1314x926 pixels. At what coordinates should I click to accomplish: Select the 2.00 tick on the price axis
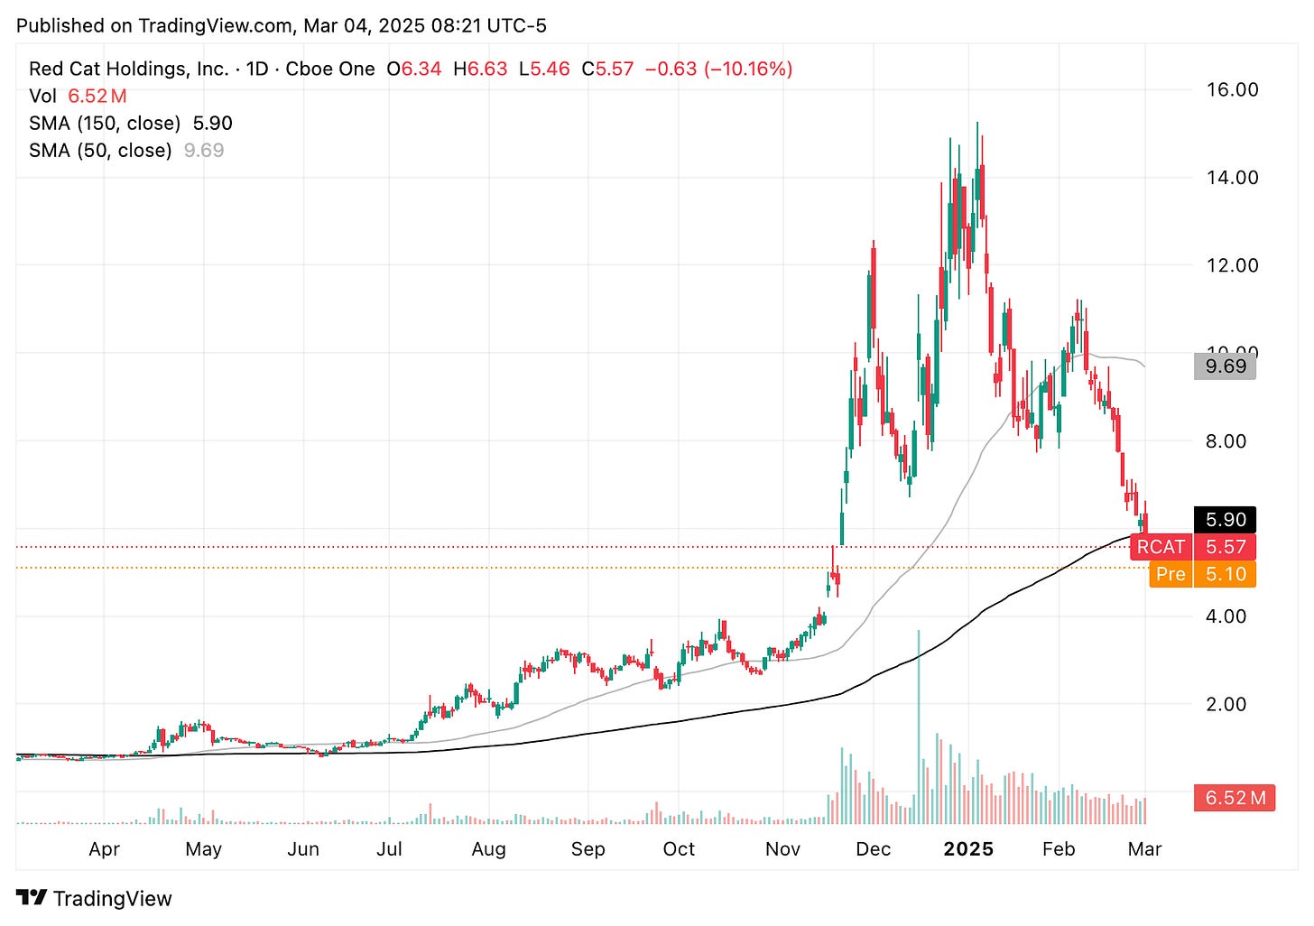(1226, 704)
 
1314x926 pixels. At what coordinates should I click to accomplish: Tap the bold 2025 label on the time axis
(967, 849)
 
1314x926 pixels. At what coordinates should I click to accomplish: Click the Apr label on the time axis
(105, 849)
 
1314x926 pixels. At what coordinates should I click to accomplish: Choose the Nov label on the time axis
(782, 849)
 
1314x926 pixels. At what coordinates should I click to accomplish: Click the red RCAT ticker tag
(1161, 547)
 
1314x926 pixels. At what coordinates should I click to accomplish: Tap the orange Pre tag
(1171, 574)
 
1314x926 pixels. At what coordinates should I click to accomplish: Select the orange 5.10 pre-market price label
(1226, 574)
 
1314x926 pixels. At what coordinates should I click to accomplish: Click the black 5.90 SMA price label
(1226, 520)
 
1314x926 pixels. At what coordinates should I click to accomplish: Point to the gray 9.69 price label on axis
(1226, 366)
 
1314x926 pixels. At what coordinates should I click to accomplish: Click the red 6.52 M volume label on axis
(1235, 798)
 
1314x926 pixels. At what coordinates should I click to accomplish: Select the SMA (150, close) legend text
(105, 124)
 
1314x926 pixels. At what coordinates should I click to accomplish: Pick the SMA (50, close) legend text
(100, 151)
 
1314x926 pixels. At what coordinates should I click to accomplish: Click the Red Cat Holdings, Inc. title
(128, 69)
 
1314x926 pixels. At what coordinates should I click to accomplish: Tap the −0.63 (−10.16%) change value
(718, 69)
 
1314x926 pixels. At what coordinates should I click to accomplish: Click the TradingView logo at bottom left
(94, 899)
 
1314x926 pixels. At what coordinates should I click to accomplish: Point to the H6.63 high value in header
(480, 69)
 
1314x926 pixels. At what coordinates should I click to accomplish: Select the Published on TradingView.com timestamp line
(282, 26)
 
